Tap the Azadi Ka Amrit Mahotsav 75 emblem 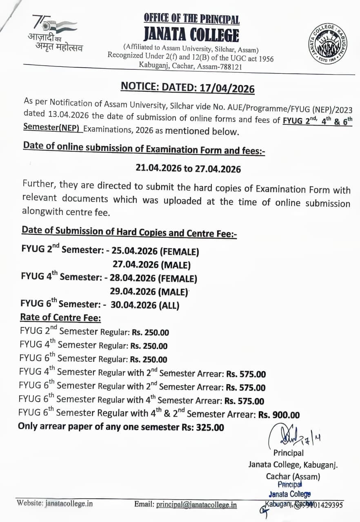(54, 34)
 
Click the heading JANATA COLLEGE (191, 35)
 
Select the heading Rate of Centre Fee (60, 317)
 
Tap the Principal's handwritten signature (288, 436)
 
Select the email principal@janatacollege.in (196, 504)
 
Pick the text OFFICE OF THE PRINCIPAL (191, 19)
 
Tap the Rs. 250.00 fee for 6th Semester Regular (149, 360)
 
